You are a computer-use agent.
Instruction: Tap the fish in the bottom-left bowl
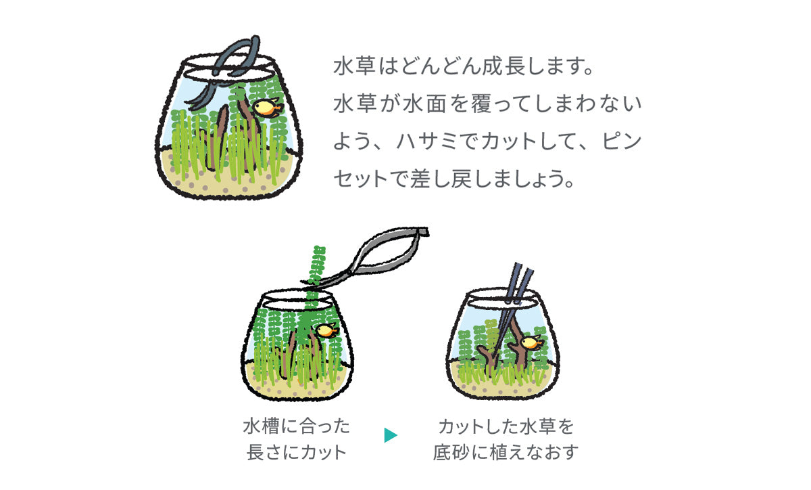click(326, 331)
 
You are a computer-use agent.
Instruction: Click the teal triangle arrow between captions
click(391, 435)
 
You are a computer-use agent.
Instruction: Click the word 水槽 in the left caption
click(261, 426)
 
